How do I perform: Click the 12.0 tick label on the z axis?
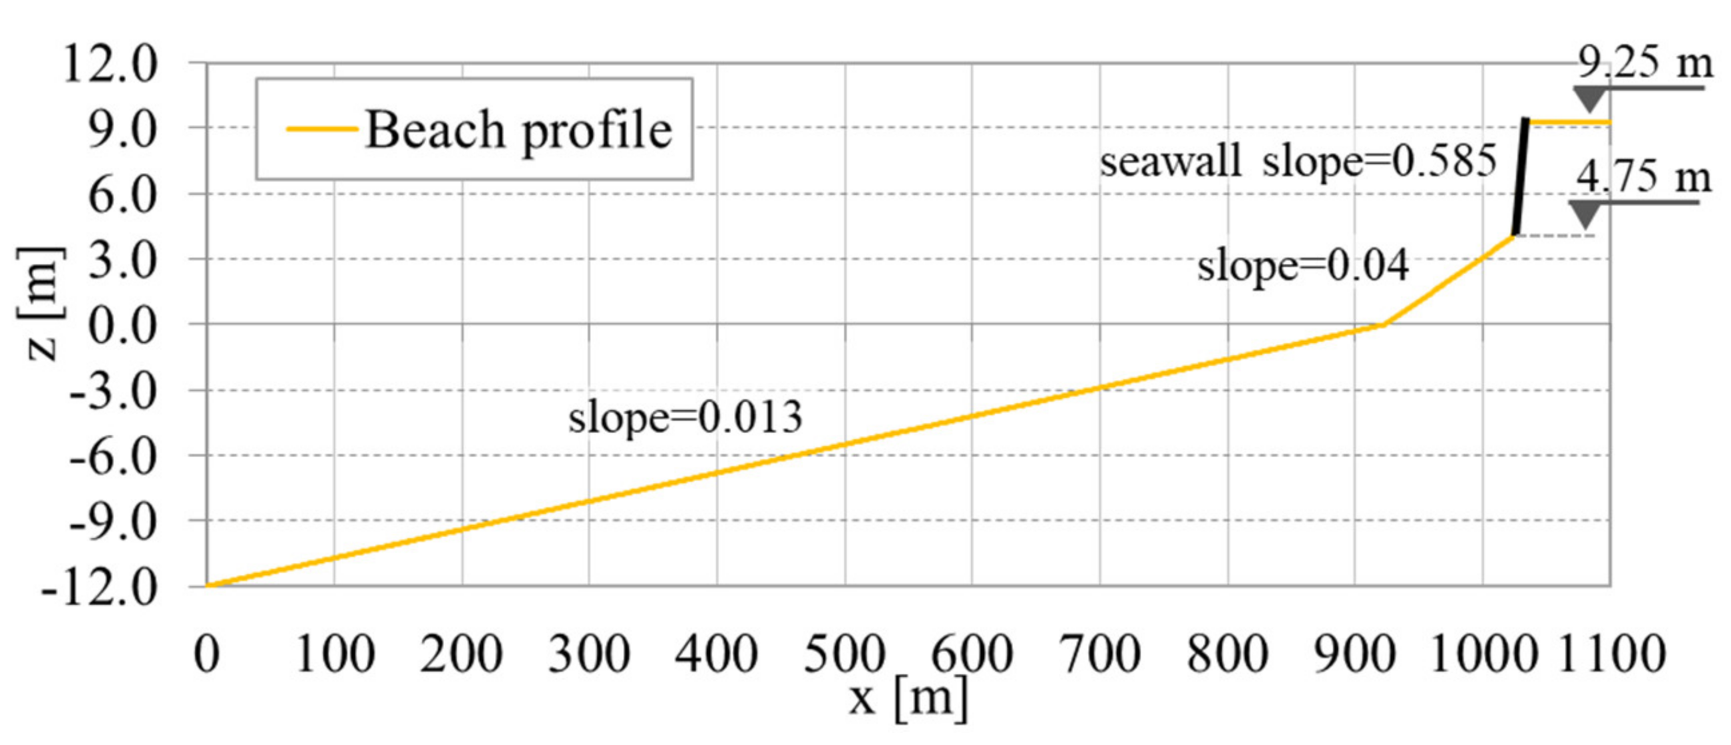tap(111, 65)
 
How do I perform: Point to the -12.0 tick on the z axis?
tap(100, 587)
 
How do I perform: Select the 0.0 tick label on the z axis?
tap(123, 327)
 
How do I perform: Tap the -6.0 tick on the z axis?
tap(112, 457)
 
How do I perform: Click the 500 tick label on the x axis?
tap(845, 654)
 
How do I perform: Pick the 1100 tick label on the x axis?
tap(1610, 654)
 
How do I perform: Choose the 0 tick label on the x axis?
tap(206, 654)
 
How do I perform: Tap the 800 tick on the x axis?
tap(1227, 654)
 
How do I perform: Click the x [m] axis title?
tap(908, 699)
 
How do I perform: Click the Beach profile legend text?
tap(518, 130)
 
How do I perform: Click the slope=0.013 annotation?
tap(685, 418)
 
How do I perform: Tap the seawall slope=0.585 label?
tap(1298, 162)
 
